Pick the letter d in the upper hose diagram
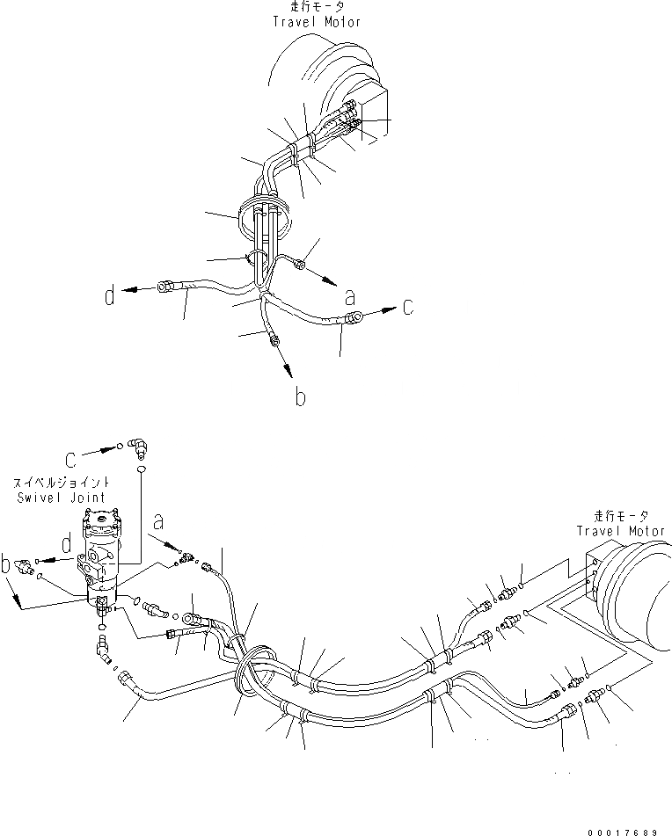[110, 296]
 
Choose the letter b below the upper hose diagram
[300, 397]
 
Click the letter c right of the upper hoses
[407, 308]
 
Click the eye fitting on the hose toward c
[354, 318]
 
